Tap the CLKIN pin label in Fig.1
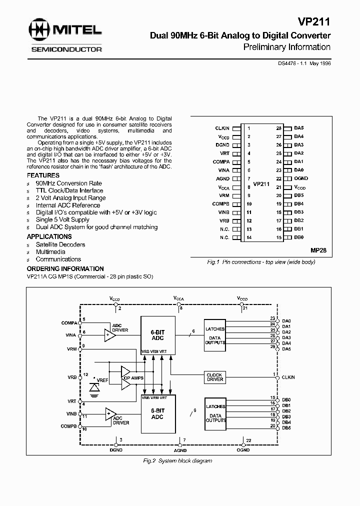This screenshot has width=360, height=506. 222,128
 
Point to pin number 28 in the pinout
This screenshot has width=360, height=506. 278,128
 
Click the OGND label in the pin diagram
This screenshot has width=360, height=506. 301,178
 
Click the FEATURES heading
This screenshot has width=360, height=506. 43,176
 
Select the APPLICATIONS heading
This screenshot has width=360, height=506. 49,236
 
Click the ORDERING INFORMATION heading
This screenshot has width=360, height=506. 65,268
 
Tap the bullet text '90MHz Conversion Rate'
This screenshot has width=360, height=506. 68,183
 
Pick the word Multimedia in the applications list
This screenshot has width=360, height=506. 50,252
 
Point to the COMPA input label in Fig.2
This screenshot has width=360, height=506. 68,322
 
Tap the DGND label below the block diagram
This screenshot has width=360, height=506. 116,450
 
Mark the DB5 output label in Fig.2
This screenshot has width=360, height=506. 286,427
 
